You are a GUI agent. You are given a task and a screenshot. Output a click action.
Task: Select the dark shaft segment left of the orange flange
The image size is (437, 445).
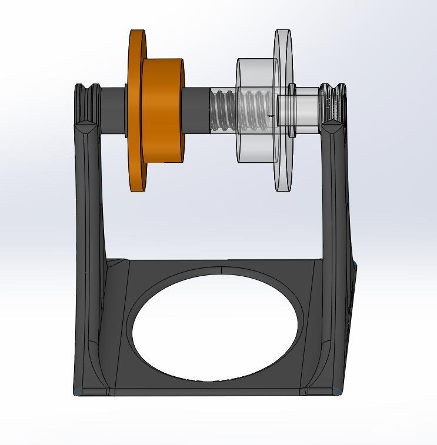112,109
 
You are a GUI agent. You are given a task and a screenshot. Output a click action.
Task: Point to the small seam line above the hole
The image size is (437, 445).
221,270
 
